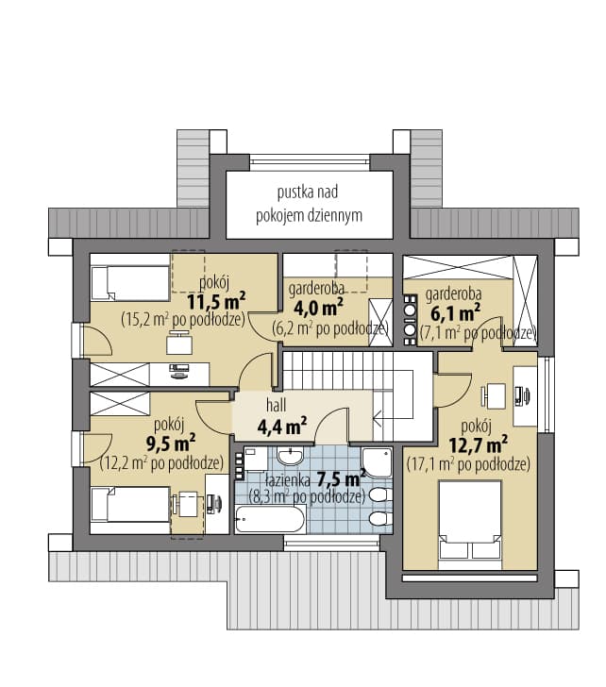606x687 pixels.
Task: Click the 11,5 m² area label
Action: pyautogui.click(x=216, y=301)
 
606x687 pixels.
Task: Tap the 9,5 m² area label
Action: pyautogui.click(x=171, y=443)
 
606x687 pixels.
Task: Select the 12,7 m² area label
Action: pyautogui.click(x=479, y=444)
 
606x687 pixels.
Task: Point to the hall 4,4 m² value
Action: pyautogui.click(x=281, y=426)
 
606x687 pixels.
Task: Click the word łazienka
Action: pyautogui.click(x=287, y=479)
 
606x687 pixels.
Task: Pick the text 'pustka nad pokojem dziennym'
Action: pyautogui.click(x=309, y=204)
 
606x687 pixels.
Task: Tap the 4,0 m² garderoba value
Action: pyautogui.click(x=318, y=308)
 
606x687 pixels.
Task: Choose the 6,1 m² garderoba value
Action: pyautogui.click(x=455, y=312)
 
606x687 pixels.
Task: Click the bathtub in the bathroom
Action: pyautogui.click(x=269, y=519)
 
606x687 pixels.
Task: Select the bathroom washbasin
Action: pyautogui.click(x=291, y=457)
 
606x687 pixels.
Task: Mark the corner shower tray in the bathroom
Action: pyautogui.click(x=378, y=462)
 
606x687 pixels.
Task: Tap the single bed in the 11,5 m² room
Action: pyautogui.click(x=130, y=283)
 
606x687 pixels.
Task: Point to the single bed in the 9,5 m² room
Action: pyautogui.click(x=130, y=504)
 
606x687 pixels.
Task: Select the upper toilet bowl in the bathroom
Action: pyautogui.click(x=379, y=495)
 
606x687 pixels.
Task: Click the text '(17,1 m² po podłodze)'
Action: pyautogui.click(x=468, y=464)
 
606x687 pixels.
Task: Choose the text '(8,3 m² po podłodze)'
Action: pyautogui.click(x=307, y=496)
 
